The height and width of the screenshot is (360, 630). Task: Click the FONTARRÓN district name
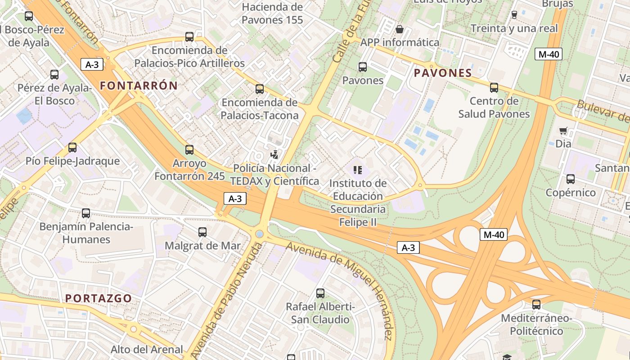point(139,85)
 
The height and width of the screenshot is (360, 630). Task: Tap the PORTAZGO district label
point(99,298)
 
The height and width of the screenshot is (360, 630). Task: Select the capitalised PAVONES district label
point(443,73)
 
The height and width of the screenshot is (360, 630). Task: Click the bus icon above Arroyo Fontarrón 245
point(189,149)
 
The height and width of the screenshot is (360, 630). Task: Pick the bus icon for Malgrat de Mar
point(202,232)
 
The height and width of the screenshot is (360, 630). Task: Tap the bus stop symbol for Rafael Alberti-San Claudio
point(320,293)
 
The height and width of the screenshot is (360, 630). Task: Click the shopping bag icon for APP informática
point(399,29)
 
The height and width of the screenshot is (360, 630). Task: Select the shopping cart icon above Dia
point(563,131)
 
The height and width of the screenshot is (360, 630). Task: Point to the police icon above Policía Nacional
point(274,155)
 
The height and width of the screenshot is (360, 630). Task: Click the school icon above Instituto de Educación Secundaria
point(358,170)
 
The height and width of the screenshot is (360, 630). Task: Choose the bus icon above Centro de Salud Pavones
point(494,88)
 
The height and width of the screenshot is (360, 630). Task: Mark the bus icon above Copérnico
point(571,179)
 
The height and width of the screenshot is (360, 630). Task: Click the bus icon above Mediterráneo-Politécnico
point(536,305)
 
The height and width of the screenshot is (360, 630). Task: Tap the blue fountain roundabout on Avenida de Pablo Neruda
point(259,234)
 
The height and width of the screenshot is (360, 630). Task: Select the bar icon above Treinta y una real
point(514,15)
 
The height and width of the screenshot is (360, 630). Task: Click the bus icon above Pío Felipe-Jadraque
point(72,148)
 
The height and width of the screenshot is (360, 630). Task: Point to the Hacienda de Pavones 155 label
point(272,13)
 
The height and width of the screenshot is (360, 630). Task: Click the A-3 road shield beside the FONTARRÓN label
point(92,64)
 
